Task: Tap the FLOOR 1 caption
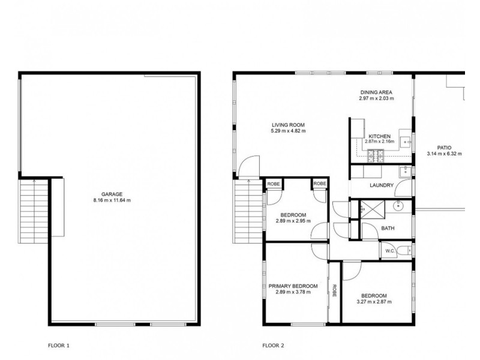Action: click(x=59, y=346)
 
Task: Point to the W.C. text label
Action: click(x=388, y=251)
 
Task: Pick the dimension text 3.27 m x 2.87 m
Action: click(x=373, y=302)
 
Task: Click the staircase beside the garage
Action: click(x=34, y=209)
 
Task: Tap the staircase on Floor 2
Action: click(x=248, y=209)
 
